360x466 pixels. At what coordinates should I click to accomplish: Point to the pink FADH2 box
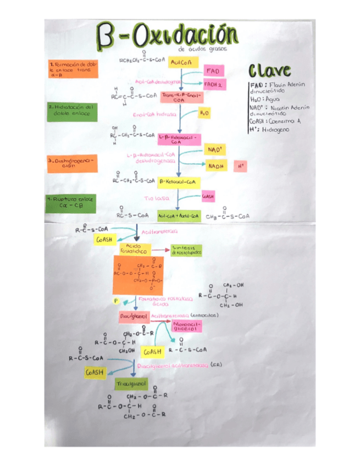213,85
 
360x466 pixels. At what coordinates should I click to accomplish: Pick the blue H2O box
204,113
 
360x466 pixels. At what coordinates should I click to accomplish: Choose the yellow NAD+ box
214,149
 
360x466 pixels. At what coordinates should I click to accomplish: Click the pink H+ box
240,165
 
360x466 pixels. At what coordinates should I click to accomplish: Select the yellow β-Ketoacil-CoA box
179,181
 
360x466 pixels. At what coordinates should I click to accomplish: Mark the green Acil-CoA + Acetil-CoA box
179,216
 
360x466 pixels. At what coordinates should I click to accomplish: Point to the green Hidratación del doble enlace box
72,112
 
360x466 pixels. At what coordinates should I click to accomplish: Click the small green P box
117,301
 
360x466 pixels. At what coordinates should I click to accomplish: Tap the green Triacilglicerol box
131,383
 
